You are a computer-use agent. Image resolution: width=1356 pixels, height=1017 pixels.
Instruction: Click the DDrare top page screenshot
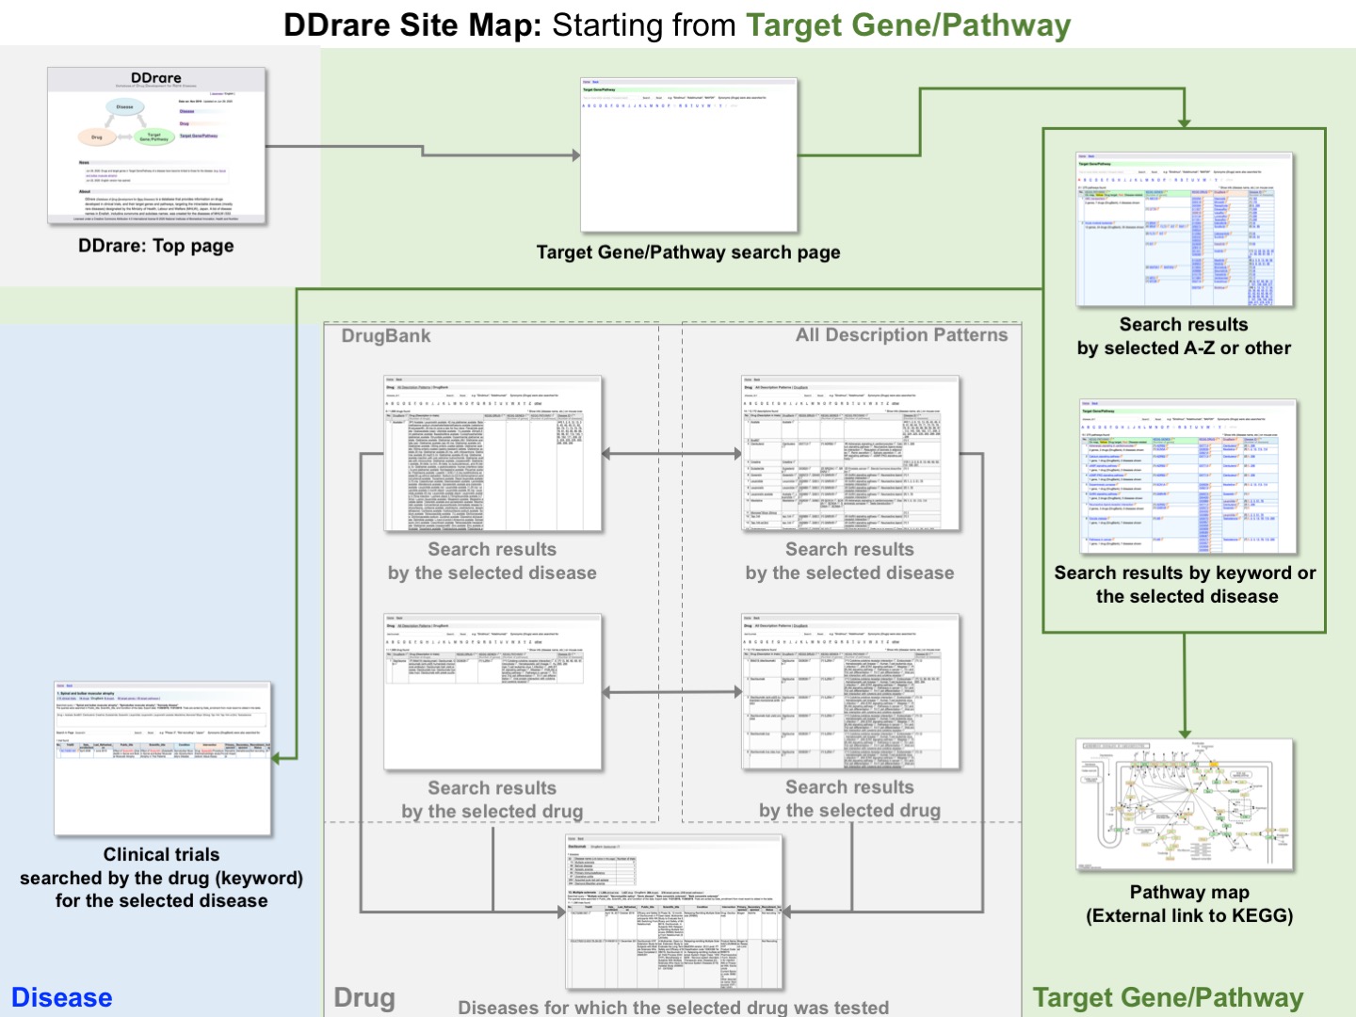click(157, 146)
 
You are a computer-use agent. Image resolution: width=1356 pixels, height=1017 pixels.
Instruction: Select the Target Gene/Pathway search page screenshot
click(688, 155)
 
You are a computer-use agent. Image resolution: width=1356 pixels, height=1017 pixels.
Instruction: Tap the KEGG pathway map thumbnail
click(1185, 806)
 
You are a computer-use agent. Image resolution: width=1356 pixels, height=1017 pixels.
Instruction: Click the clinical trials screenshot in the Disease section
click(163, 759)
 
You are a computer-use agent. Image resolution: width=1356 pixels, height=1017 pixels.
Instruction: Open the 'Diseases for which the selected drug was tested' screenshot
click(674, 911)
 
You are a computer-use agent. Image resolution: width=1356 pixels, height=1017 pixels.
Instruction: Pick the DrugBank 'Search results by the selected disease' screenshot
click(492, 455)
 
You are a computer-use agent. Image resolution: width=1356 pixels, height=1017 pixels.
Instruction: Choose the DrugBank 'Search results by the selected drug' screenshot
click(492, 693)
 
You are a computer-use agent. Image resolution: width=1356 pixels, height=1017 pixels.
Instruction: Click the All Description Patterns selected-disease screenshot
click(850, 455)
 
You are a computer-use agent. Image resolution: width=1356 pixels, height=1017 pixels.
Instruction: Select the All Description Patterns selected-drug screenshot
click(850, 693)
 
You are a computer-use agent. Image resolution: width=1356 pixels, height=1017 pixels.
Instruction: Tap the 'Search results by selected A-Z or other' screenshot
click(1185, 230)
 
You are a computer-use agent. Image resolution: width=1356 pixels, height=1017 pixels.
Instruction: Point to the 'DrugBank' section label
click(386, 336)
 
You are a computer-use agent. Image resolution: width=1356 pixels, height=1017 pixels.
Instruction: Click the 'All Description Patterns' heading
click(901, 335)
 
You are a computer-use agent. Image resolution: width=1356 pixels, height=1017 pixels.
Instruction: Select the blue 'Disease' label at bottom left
click(62, 997)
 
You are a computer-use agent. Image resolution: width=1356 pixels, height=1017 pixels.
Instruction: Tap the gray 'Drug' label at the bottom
click(364, 997)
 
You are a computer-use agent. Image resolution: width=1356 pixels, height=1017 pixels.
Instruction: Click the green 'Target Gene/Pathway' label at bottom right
click(1168, 997)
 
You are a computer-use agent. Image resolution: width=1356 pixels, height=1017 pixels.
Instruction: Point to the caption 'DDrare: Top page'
click(156, 246)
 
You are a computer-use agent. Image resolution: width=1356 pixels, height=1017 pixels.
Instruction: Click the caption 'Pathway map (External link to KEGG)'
click(1189, 904)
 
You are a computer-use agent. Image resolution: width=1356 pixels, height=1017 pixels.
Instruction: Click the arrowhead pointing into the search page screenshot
click(575, 155)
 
